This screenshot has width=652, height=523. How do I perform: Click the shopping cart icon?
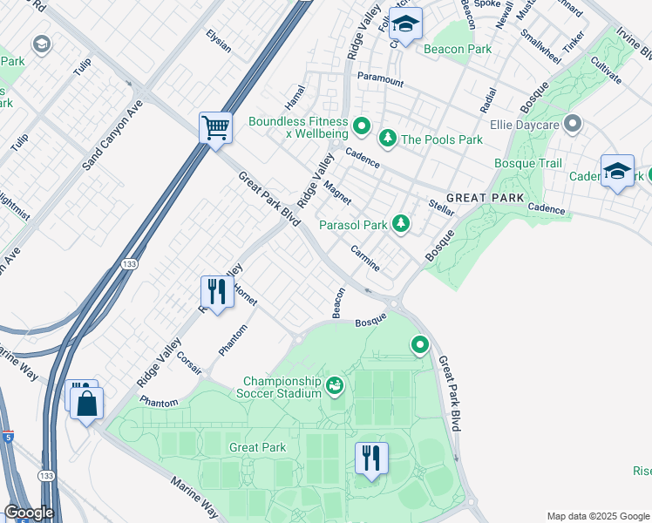tap(215, 128)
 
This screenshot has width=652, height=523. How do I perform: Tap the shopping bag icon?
tap(86, 404)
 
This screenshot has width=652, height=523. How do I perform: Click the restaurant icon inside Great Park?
tap(371, 458)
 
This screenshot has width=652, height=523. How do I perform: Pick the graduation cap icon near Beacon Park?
tap(405, 24)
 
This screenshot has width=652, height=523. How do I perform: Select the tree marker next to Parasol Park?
tap(400, 225)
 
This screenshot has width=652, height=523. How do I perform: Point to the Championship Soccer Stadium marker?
tap(335, 384)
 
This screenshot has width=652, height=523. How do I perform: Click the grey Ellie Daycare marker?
tap(573, 125)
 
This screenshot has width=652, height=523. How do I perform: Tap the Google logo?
tap(29, 513)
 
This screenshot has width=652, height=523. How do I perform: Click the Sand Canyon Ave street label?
tap(112, 132)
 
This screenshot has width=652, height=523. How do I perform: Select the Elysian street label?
tap(219, 41)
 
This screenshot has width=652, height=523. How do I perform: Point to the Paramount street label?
tap(380, 81)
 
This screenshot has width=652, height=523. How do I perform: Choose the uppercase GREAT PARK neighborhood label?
tap(486, 198)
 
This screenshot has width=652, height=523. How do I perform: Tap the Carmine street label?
tap(365, 257)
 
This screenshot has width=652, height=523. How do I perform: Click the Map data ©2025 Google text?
tap(597, 516)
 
